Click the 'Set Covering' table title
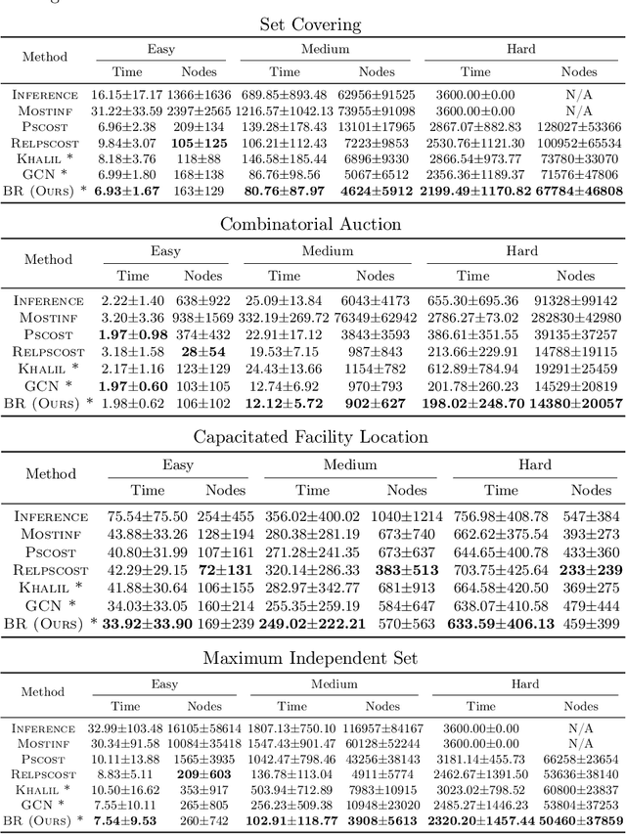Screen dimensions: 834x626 coord(310,24)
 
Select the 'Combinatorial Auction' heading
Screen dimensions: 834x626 coord(310,224)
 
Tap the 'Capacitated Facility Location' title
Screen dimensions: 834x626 coord(310,436)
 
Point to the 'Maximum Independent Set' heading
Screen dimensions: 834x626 coord(310,657)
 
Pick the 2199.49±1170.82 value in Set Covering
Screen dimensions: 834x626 coord(475,191)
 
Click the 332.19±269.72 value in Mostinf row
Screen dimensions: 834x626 coord(285,319)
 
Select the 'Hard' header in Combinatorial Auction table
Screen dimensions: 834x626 coord(521,251)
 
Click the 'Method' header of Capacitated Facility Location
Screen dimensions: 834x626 coord(51,474)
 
